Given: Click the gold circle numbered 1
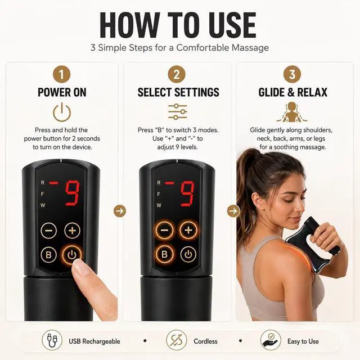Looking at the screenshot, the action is tap(61, 74).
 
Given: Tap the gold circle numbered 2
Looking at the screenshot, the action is tap(176, 74).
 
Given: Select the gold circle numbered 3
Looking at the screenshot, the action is tap(292, 74).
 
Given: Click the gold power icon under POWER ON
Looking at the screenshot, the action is tap(62, 112).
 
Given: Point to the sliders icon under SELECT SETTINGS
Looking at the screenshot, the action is tap(178, 112).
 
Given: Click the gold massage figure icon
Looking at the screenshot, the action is tap(292, 112).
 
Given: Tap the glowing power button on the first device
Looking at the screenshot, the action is tap(71, 255).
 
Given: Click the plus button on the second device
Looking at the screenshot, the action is tap(188, 230).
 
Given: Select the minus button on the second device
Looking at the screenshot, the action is tap(164, 230).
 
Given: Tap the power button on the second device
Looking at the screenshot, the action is tap(188, 254).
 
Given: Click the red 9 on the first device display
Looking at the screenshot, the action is tap(73, 193).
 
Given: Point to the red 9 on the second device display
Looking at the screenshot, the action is tap(188, 193).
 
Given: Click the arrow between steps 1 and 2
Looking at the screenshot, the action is tap(120, 211).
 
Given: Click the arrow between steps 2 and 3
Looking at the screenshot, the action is tap(233, 211).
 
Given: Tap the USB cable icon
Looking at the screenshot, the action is tap(52, 340).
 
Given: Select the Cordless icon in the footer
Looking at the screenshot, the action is tap(176, 340).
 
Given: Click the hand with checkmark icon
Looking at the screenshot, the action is tap(271, 340).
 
